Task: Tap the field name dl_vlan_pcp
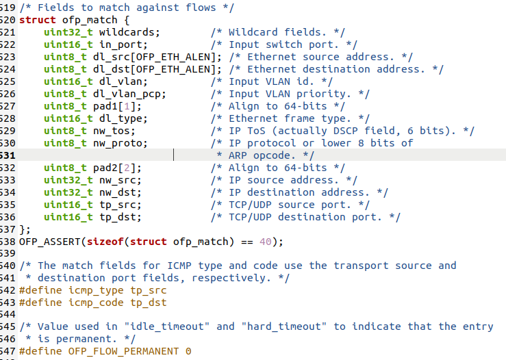129,94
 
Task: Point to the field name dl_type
119,118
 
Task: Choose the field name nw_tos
113,131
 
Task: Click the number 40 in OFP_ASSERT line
266,242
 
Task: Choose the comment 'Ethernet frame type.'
290,118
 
